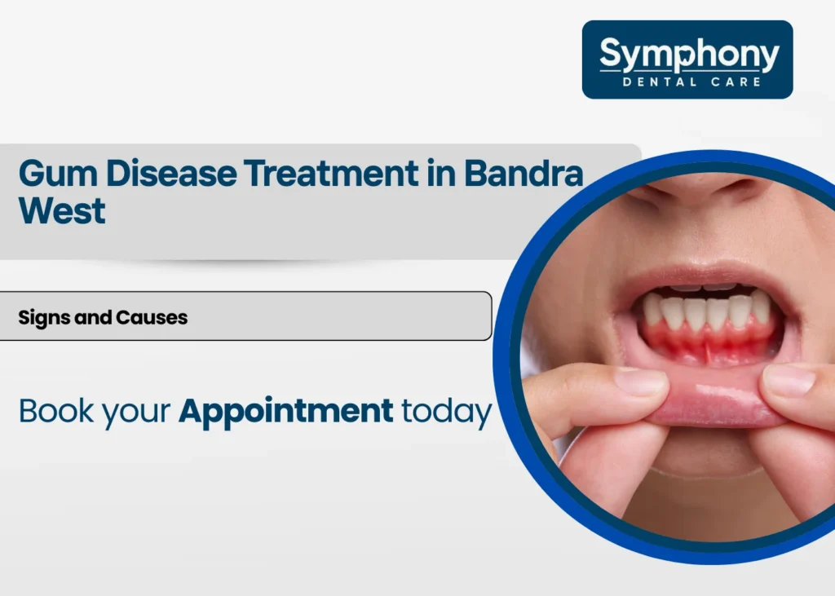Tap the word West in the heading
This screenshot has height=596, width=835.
[x=62, y=212]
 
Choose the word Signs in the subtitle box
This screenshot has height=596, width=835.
[x=44, y=317]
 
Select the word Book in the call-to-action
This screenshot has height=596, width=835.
[x=55, y=411]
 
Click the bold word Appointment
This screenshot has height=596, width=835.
[x=285, y=411]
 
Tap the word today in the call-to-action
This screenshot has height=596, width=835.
[x=446, y=411]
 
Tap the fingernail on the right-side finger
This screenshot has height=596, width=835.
[x=789, y=381]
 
